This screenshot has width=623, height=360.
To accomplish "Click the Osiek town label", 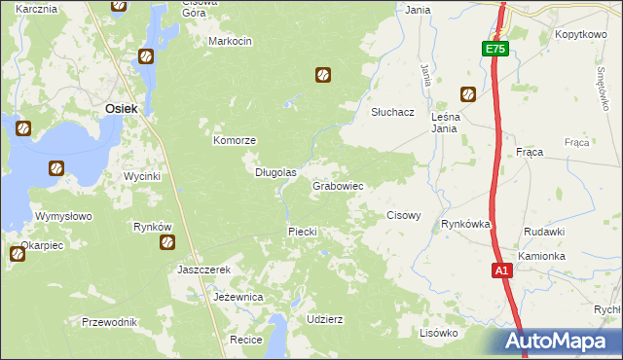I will pos(121,110).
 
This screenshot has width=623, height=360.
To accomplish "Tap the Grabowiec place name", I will pos(338,185).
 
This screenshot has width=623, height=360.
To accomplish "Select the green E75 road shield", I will pos(495,49).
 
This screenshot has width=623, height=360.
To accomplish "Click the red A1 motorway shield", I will pos(500,271).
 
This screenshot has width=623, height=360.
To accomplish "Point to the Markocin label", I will pos(231,42).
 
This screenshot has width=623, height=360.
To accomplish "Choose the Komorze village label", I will pos(235,140).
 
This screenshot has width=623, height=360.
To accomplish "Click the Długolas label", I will pos(275,172).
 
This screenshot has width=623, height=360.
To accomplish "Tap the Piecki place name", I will pos(303,231).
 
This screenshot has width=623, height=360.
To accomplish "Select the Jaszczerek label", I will pos(203,270).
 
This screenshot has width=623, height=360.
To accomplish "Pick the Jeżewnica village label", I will pos(238,296).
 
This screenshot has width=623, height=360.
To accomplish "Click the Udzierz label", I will pos(324,319).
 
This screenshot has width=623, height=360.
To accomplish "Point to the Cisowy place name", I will pos(404,215).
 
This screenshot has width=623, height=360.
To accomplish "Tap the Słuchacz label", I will pos(393,112).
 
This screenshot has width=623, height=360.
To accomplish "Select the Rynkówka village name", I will pos(465,224).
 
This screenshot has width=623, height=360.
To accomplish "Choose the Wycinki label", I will pos(141,176).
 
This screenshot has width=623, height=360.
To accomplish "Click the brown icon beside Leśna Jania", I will pos(468,94).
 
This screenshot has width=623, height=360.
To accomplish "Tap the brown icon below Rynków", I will pos(167,242).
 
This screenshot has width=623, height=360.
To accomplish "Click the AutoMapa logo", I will pos(559,342).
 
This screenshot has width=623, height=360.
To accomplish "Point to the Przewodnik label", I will pos(109,322).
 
